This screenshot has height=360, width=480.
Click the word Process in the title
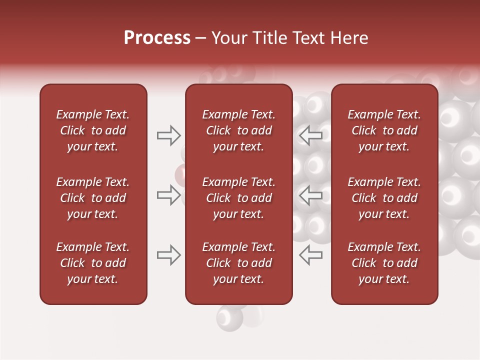pos(157,38)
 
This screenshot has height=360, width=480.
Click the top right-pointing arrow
pos(168,135)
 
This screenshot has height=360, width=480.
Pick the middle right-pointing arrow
pos(168,195)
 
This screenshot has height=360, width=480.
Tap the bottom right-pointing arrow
pos(168,255)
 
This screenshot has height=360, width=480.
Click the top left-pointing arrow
pos(310,135)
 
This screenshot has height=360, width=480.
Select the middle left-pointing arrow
pos(310,195)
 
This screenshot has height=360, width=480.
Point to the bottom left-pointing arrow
pos(310,255)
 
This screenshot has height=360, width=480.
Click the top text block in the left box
pos(93,130)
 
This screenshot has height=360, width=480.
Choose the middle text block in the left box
pos(93,198)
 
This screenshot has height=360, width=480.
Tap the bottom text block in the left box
pos(93,263)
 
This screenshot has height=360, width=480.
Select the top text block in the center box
pos(238,130)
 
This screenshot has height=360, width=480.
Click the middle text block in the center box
pos(238,198)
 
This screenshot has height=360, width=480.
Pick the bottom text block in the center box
pos(238,263)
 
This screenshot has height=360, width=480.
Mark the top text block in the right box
pos(384,130)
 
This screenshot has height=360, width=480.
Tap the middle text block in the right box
pos(384,198)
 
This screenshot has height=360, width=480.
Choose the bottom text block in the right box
pos(384,263)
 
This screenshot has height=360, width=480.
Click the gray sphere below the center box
pos(229,317)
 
